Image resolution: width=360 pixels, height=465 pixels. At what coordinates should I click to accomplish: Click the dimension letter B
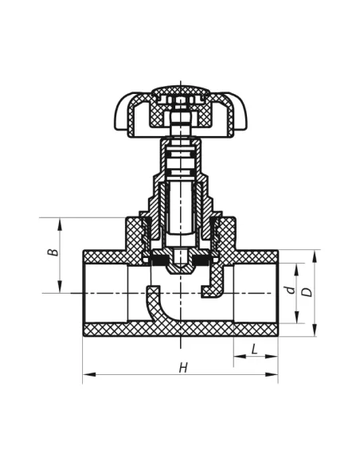53,252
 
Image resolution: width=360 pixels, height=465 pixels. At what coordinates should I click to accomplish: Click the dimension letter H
183,368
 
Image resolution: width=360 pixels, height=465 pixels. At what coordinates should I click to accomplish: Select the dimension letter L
254,350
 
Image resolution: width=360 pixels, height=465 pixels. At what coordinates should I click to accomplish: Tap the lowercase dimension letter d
292,289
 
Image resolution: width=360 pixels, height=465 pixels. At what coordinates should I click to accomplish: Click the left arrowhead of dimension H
89,374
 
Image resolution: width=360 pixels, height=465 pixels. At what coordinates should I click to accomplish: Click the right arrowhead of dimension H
272,374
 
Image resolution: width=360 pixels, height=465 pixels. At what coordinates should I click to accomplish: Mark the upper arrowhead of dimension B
60,225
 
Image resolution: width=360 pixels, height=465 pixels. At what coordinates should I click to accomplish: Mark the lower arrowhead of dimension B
60,287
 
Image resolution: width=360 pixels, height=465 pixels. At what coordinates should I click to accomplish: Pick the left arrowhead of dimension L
240,356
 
